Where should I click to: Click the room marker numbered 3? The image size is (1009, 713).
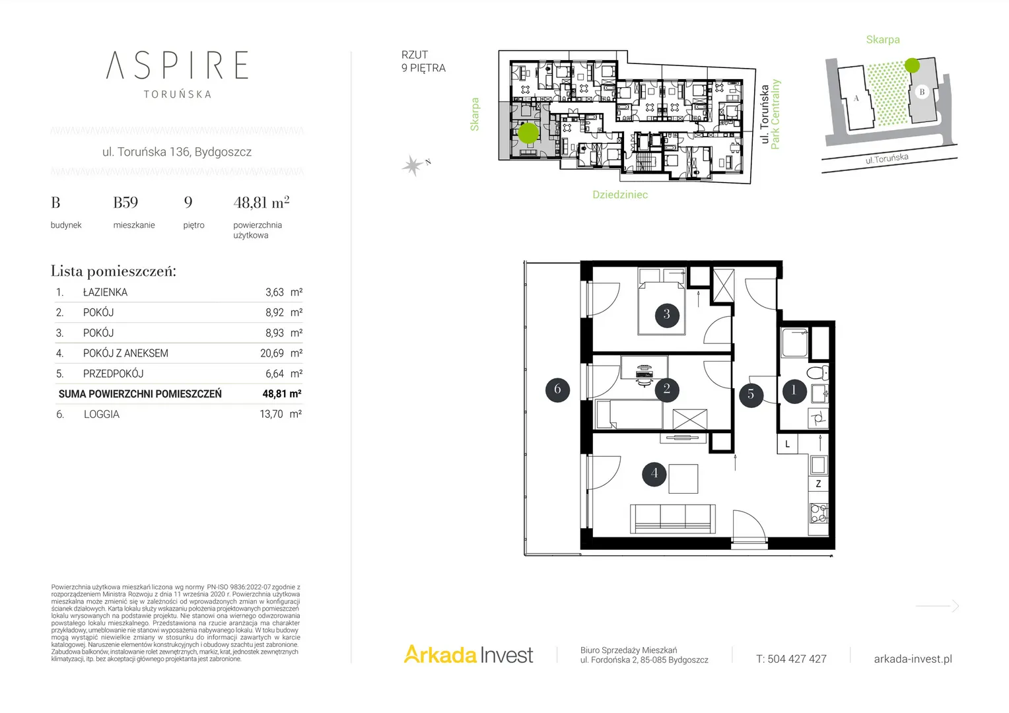[x=667, y=314]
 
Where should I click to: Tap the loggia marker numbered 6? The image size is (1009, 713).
[x=557, y=389]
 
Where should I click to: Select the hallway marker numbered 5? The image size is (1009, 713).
[x=751, y=395]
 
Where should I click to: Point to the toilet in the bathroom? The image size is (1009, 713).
[x=817, y=372]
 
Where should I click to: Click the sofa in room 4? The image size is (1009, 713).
[x=672, y=519]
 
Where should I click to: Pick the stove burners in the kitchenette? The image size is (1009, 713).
[x=819, y=513]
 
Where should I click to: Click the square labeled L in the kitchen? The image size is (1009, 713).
[x=787, y=444]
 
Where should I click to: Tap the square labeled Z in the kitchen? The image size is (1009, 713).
[x=818, y=484]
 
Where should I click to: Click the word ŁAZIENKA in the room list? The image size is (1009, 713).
[x=106, y=292]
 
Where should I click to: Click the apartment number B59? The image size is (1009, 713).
[x=125, y=203]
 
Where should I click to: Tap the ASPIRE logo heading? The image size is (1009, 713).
[x=177, y=65]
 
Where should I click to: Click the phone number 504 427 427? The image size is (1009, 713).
[x=797, y=659]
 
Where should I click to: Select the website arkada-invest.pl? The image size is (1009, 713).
[x=913, y=659]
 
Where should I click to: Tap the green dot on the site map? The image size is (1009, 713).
[x=912, y=66]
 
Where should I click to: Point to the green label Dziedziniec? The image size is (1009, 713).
[x=620, y=195]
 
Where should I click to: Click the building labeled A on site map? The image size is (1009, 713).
[x=856, y=98]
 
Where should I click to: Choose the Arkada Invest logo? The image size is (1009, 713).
[x=468, y=655]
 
